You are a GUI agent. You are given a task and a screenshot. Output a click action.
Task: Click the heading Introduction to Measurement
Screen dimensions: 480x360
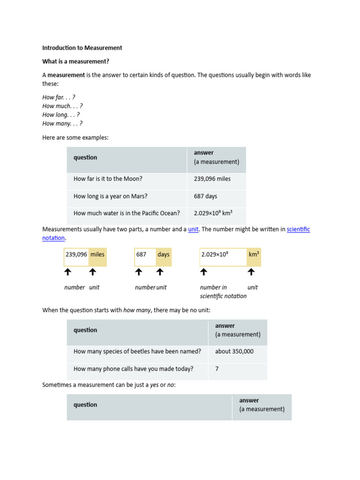[82, 48]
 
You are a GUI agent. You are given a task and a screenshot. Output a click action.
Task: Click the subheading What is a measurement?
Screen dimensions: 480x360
[75, 61]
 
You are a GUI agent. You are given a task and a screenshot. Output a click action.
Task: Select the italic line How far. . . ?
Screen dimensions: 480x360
[59, 97]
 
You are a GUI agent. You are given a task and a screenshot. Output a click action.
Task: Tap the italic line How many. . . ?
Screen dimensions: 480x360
[62, 124]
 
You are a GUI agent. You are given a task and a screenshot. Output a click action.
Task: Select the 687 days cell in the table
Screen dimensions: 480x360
[205, 196]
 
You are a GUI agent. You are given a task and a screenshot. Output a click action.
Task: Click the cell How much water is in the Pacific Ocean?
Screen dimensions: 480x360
[127, 213]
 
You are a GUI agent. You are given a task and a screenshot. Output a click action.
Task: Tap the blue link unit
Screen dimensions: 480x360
[193, 229]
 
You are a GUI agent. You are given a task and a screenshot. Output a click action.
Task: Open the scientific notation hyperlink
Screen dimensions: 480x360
[298, 229]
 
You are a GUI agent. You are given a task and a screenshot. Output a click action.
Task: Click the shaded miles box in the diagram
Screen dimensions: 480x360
[97, 255]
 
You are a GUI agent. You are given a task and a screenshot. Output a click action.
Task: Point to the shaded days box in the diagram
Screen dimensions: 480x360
[164, 255]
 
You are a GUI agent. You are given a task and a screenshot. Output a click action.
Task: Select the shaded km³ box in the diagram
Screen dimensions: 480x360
[254, 255]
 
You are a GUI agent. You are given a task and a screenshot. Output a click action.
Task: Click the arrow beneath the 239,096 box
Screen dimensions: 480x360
[67, 272]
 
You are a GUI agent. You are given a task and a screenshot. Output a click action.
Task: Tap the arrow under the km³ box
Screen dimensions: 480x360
[251, 272]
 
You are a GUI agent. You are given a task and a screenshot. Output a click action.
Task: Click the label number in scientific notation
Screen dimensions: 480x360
[223, 292]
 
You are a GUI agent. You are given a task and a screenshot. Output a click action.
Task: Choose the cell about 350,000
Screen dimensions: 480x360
[234, 352]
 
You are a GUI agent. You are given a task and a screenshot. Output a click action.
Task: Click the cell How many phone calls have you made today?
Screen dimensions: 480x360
[133, 369]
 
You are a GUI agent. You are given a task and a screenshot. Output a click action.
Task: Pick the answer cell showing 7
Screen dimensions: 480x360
[217, 369]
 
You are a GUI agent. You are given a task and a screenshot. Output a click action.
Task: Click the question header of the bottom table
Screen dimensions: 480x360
[85, 405]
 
